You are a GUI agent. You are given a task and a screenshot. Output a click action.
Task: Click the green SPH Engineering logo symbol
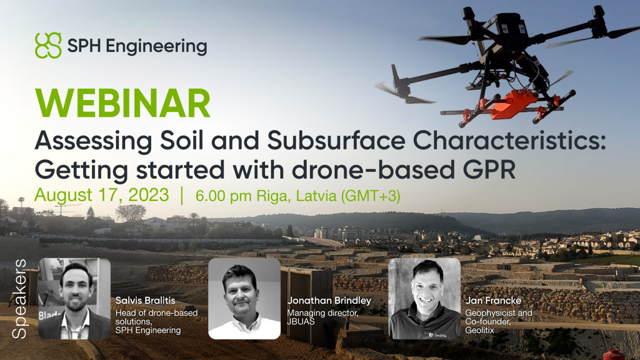coord(48,45)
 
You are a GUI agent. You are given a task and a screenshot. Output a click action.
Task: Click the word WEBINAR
coord(123,103)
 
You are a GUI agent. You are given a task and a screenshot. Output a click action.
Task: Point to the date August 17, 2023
coord(102,195)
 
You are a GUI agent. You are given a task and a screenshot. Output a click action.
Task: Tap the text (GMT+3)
coord(370,196)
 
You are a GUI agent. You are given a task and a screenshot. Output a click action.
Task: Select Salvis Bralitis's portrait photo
coord(74,298)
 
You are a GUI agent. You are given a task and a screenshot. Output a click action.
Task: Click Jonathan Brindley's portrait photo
coord(244,298)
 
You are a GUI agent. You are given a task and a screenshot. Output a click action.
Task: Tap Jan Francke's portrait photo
coord(424,298)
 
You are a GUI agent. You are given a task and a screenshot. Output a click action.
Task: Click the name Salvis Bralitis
coord(145,300)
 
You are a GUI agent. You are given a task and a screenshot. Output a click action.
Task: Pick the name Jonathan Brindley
coord(329,300)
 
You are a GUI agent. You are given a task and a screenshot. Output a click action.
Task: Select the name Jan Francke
coord(493,300)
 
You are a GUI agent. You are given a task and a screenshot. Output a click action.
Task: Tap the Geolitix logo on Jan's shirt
coord(437,335)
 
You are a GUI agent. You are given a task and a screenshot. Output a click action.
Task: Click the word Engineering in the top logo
coord(157,46)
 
